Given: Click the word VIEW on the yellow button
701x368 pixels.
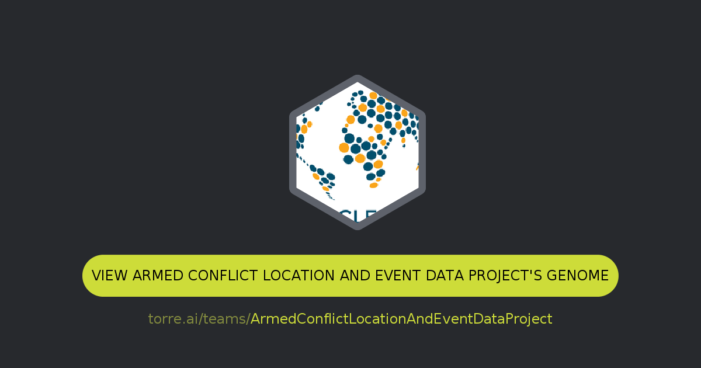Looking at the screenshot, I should tap(110, 276).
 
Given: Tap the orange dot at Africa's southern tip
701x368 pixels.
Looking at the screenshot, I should tap(374, 185).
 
